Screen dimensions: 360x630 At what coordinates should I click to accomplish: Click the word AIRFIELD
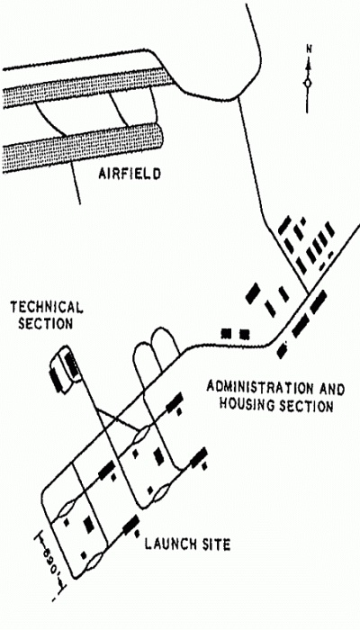click(x=130, y=175)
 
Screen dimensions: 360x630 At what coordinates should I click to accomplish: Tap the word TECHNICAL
click(x=47, y=308)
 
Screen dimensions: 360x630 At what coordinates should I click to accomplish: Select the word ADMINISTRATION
click(x=259, y=389)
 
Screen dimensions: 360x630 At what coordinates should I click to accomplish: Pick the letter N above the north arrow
click(x=309, y=49)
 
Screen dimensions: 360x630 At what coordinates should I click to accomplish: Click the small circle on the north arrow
click(x=308, y=83)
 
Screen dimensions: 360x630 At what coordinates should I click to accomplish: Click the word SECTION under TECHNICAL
click(x=45, y=323)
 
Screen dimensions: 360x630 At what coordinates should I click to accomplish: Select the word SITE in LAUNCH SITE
click(x=218, y=544)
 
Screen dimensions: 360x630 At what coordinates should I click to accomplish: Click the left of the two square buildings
click(x=226, y=333)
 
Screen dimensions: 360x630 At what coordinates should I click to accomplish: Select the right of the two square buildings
click(x=244, y=334)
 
